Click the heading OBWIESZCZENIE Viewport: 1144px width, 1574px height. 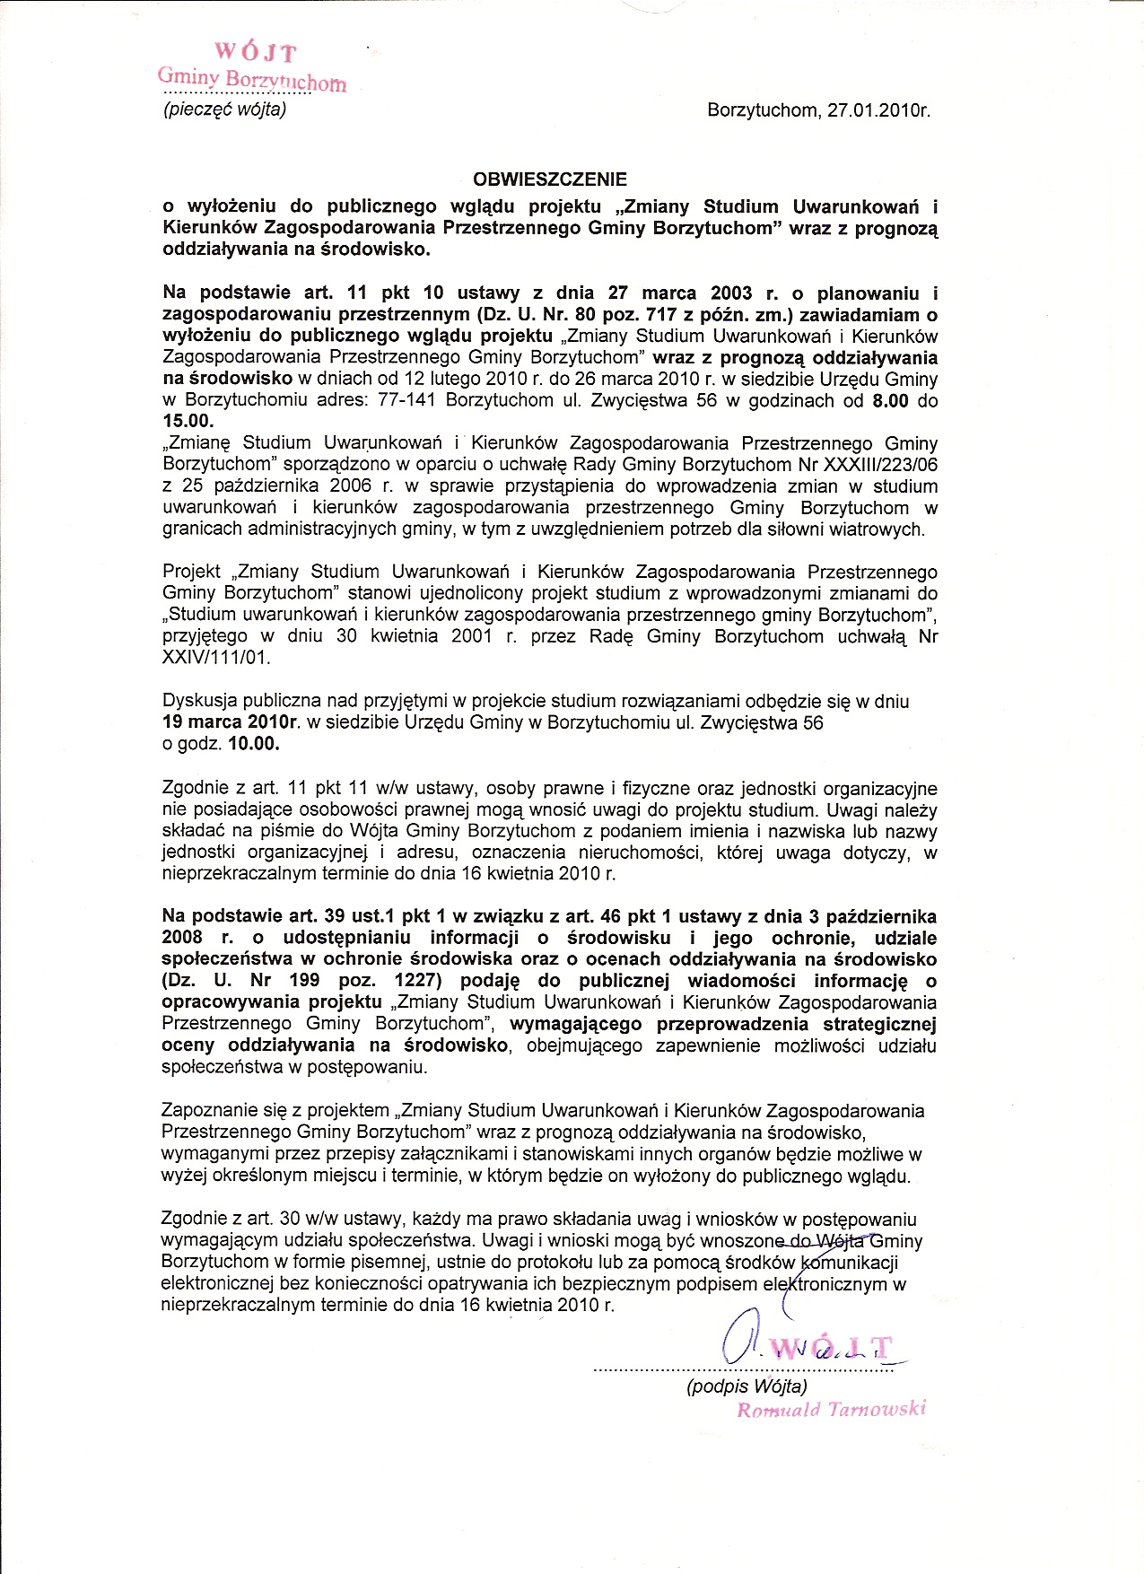point(550,179)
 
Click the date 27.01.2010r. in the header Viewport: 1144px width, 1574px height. point(880,111)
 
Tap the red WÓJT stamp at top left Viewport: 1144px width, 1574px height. point(254,53)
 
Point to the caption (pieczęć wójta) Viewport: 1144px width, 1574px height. point(224,110)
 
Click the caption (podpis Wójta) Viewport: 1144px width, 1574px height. point(747,1386)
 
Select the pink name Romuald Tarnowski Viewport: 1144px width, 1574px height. point(831,1409)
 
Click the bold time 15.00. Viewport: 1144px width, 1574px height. point(188,421)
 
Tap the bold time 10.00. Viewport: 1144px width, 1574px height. point(254,744)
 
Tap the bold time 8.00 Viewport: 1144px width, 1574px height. point(890,400)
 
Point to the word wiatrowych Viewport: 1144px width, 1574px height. point(880,529)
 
